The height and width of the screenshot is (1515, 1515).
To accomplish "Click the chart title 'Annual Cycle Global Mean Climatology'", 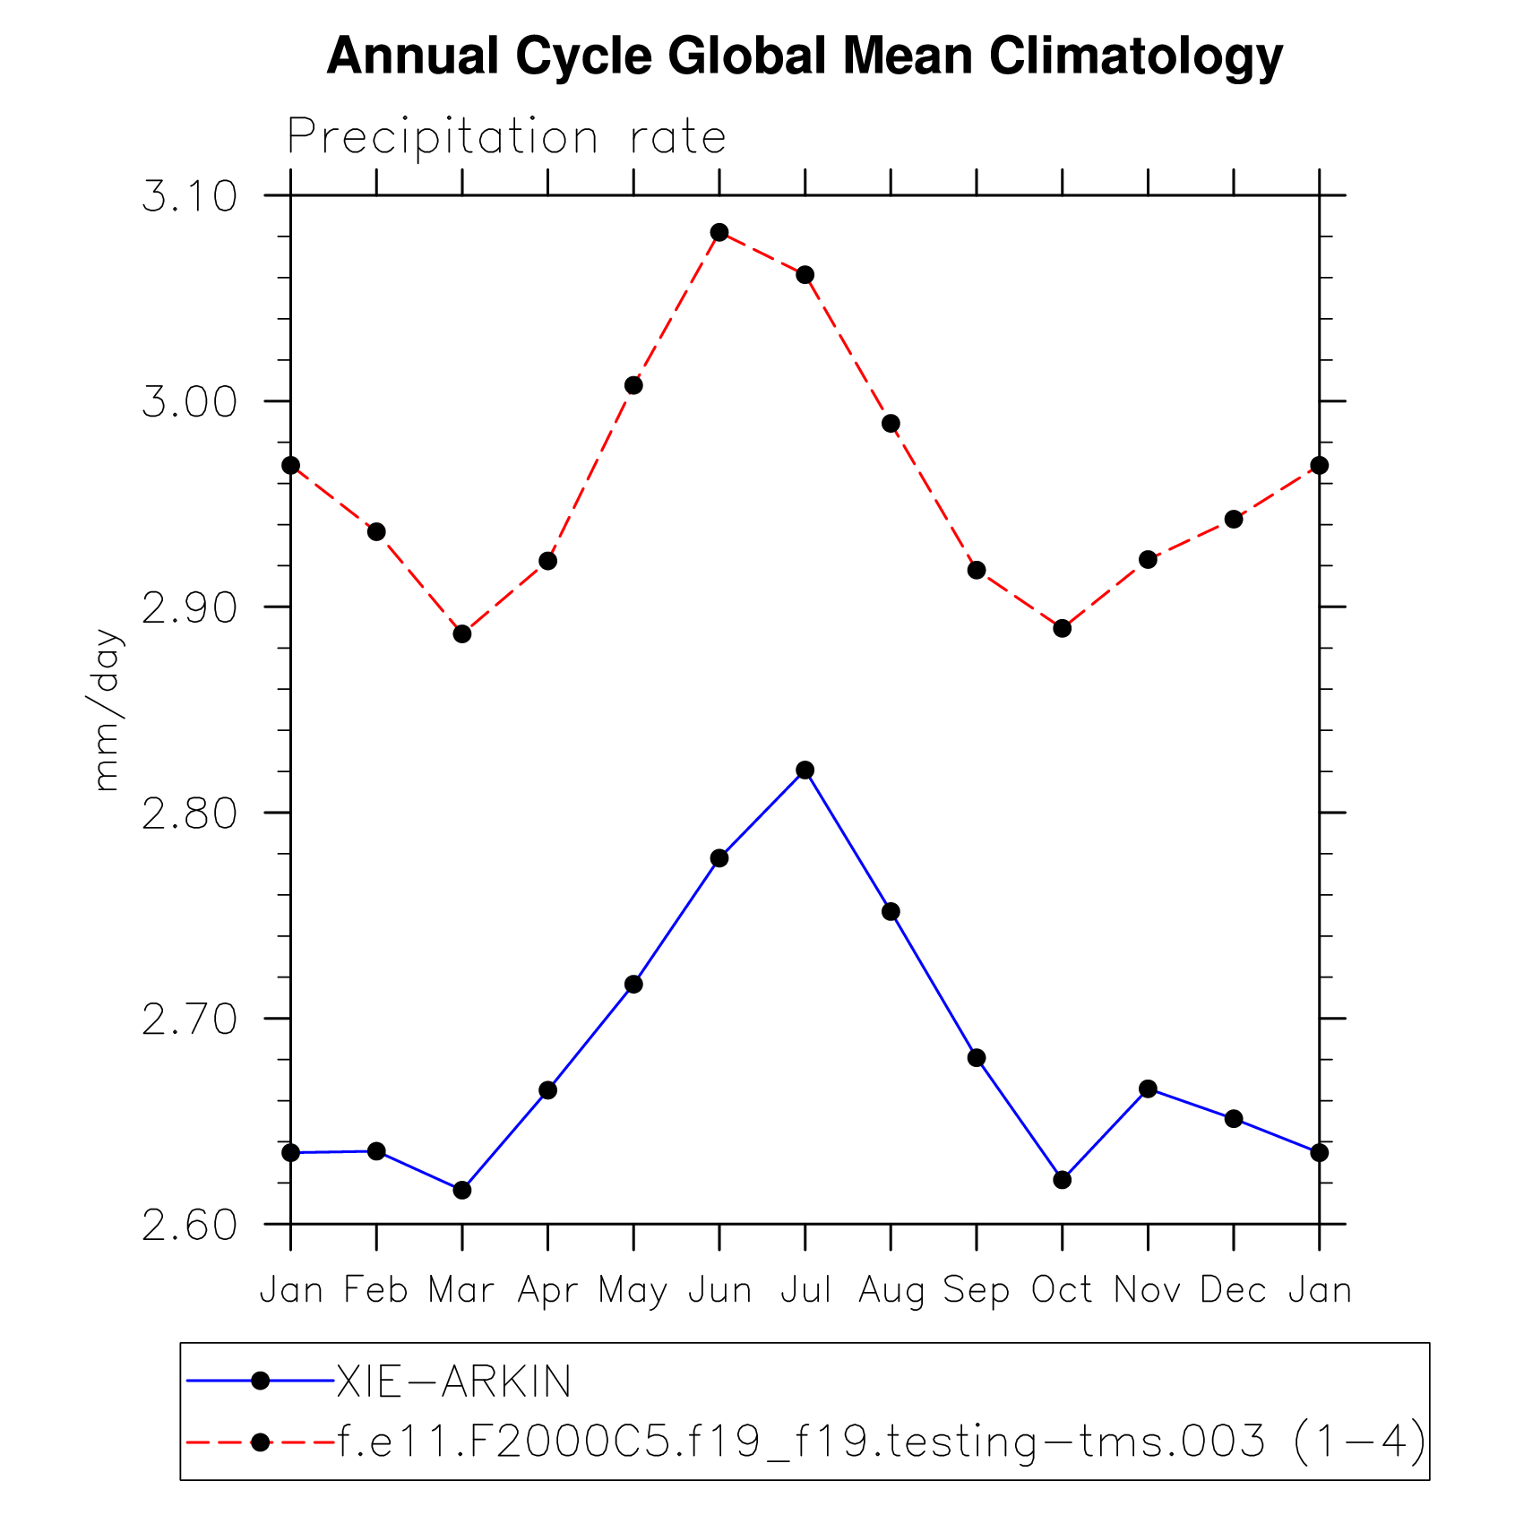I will [x=805, y=56].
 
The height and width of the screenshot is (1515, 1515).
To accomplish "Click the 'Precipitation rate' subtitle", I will [x=506, y=138].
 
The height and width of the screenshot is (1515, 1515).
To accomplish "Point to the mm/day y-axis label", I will [x=107, y=710].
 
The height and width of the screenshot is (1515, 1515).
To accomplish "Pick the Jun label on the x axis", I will [x=719, y=1291].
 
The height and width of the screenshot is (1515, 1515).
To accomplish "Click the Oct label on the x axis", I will [x=1062, y=1291].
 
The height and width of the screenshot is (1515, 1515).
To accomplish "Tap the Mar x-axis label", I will [x=461, y=1291].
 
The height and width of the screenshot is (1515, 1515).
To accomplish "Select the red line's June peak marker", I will [x=719, y=233].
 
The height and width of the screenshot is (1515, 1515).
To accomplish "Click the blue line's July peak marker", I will [x=805, y=770].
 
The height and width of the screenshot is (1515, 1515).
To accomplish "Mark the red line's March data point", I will [x=462, y=634].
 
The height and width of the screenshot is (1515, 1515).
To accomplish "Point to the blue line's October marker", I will [x=1062, y=1180].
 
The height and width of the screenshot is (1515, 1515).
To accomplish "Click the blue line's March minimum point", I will [x=462, y=1190].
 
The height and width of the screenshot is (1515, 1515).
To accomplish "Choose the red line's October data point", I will [x=1062, y=628].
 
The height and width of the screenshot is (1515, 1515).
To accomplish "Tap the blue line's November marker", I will [x=1148, y=1089].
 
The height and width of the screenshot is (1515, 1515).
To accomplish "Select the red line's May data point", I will [x=633, y=386].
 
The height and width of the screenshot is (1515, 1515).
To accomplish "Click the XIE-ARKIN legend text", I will [x=453, y=1382].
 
